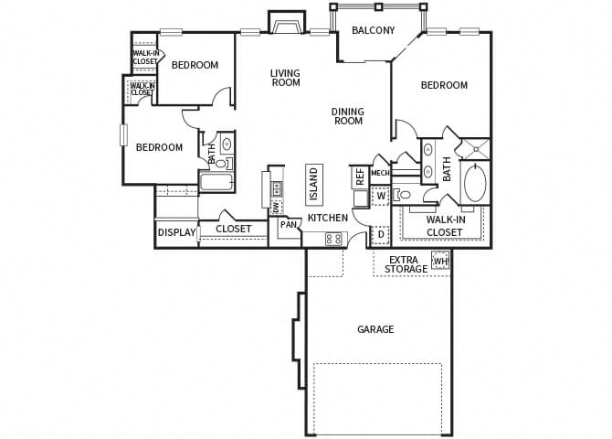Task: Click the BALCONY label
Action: [x=373, y=30]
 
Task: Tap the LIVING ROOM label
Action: [x=286, y=78]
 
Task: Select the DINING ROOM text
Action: [x=347, y=116]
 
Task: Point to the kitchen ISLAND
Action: [x=314, y=183]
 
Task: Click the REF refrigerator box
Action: [x=360, y=176]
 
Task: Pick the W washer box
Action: [x=381, y=196]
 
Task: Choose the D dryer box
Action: [x=381, y=235]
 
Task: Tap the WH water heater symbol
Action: [x=440, y=262]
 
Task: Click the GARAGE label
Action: [x=375, y=329]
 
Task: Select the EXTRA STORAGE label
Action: [x=406, y=264]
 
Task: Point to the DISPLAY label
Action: [x=177, y=232]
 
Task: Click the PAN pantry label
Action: [x=289, y=224]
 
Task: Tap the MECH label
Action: [x=380, y=173]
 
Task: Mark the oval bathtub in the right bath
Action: [x=476, y=183]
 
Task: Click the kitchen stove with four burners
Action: [x=333, y=239]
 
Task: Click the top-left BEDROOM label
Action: [x=195, y=65]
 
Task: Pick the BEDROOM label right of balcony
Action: [x=444, y=85]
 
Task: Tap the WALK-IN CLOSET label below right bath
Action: [x=444, y=225]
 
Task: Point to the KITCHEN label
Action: [x=327, y=218]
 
